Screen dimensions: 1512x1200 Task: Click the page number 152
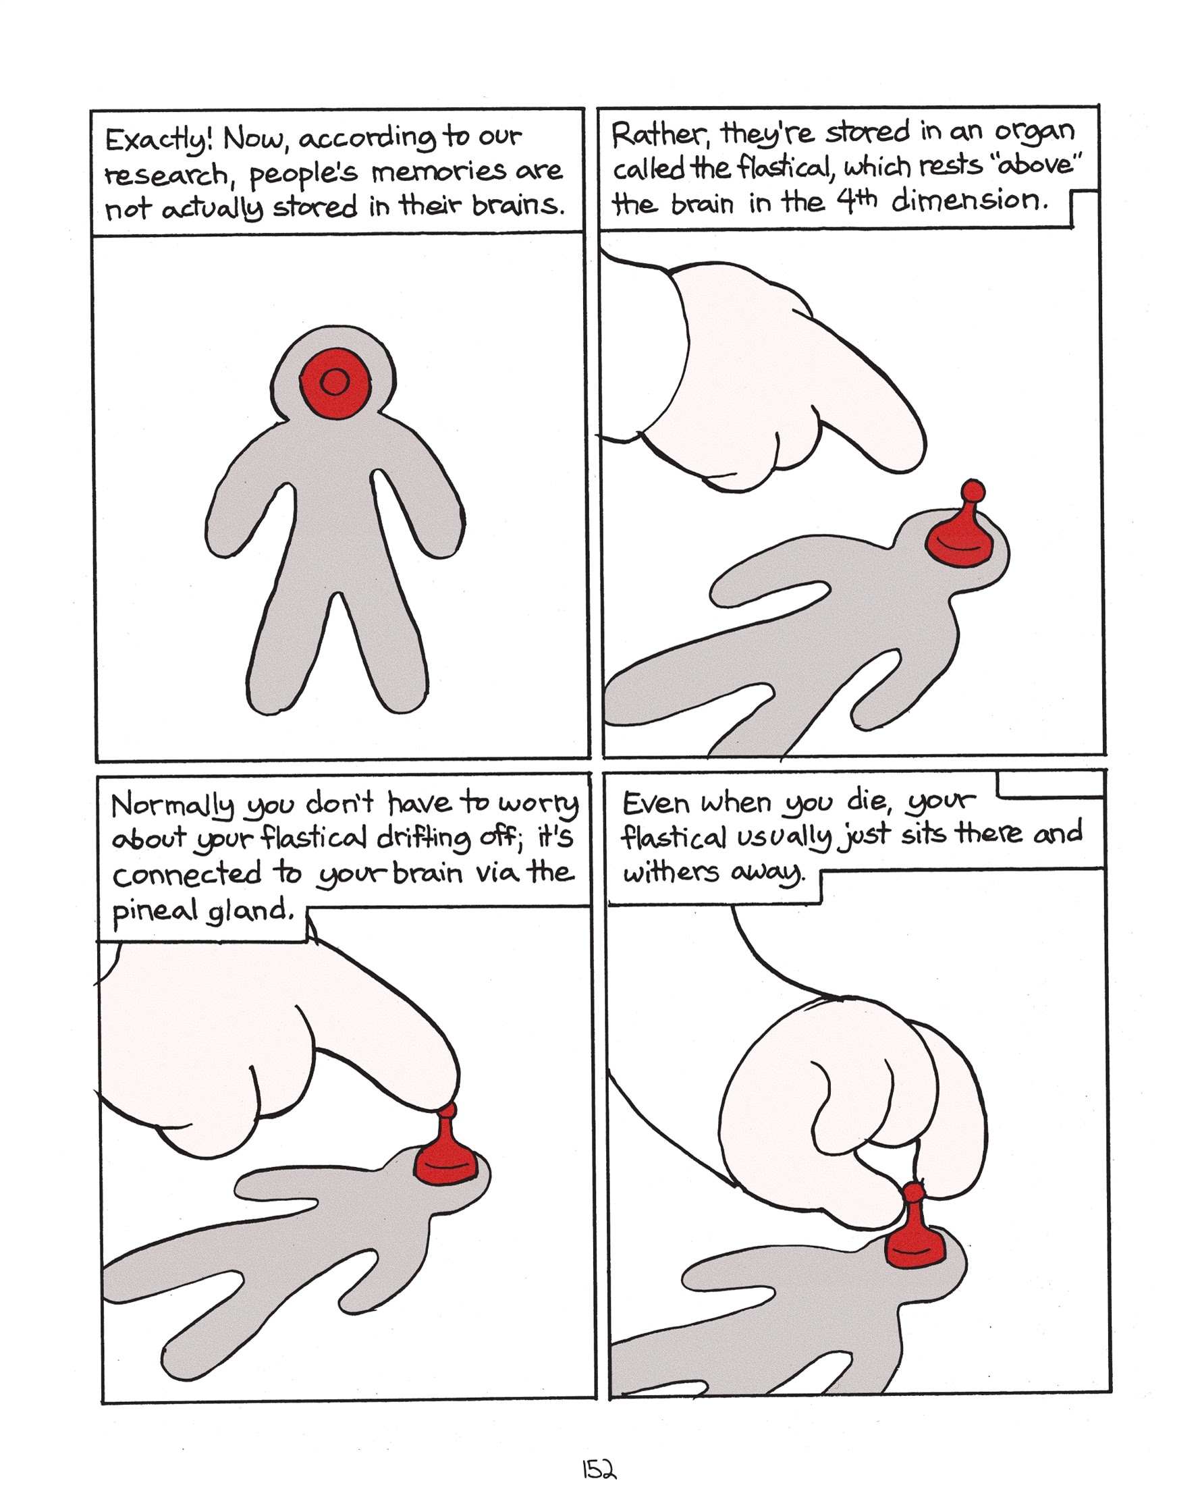(598, 1469)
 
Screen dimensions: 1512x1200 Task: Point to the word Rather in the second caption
(659, 134)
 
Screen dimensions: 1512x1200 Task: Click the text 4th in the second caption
(856, 200)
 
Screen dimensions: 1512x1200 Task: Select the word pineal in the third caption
(155, 911)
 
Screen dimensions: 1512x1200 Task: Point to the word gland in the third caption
(249, 911)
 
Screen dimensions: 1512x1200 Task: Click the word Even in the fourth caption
(656, 803)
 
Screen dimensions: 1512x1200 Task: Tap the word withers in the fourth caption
(670, 872)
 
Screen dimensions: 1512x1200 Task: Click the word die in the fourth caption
(868, 799)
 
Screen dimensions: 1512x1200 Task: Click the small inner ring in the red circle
(335, 382)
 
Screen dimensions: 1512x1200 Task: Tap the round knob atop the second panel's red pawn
(972, 491)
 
